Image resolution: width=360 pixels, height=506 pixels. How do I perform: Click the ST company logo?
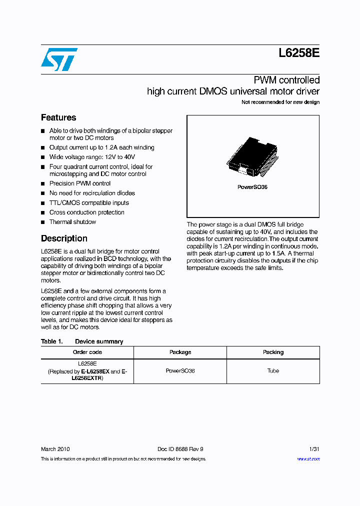[59, 59]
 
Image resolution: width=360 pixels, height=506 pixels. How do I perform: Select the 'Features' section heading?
[58, 117]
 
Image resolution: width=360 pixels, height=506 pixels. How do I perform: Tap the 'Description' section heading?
[64, 238]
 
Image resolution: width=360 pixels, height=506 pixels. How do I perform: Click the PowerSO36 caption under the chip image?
[252, 187]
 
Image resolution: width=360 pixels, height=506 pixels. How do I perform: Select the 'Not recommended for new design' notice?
[280, 102]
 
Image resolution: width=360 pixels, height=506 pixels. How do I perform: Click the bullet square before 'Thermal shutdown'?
[43, 222]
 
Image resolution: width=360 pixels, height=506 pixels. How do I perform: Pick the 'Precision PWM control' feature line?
[80, 183]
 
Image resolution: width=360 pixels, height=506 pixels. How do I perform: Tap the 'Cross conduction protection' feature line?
[86, 212]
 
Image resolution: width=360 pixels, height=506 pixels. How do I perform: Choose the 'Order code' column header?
[87, 352]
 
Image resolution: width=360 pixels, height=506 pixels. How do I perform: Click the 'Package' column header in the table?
[180, 352]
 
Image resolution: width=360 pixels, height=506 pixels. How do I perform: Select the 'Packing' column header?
[273, 352]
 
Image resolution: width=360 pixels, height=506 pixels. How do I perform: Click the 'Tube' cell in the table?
[273, 371]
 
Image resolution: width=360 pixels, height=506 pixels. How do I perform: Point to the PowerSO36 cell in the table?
[180, 371]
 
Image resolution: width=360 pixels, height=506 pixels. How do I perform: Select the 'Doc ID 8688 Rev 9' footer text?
[180, 449]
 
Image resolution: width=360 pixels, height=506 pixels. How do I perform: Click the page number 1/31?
[314, 449]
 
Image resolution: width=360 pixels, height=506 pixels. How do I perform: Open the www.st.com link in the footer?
[308, 458]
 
